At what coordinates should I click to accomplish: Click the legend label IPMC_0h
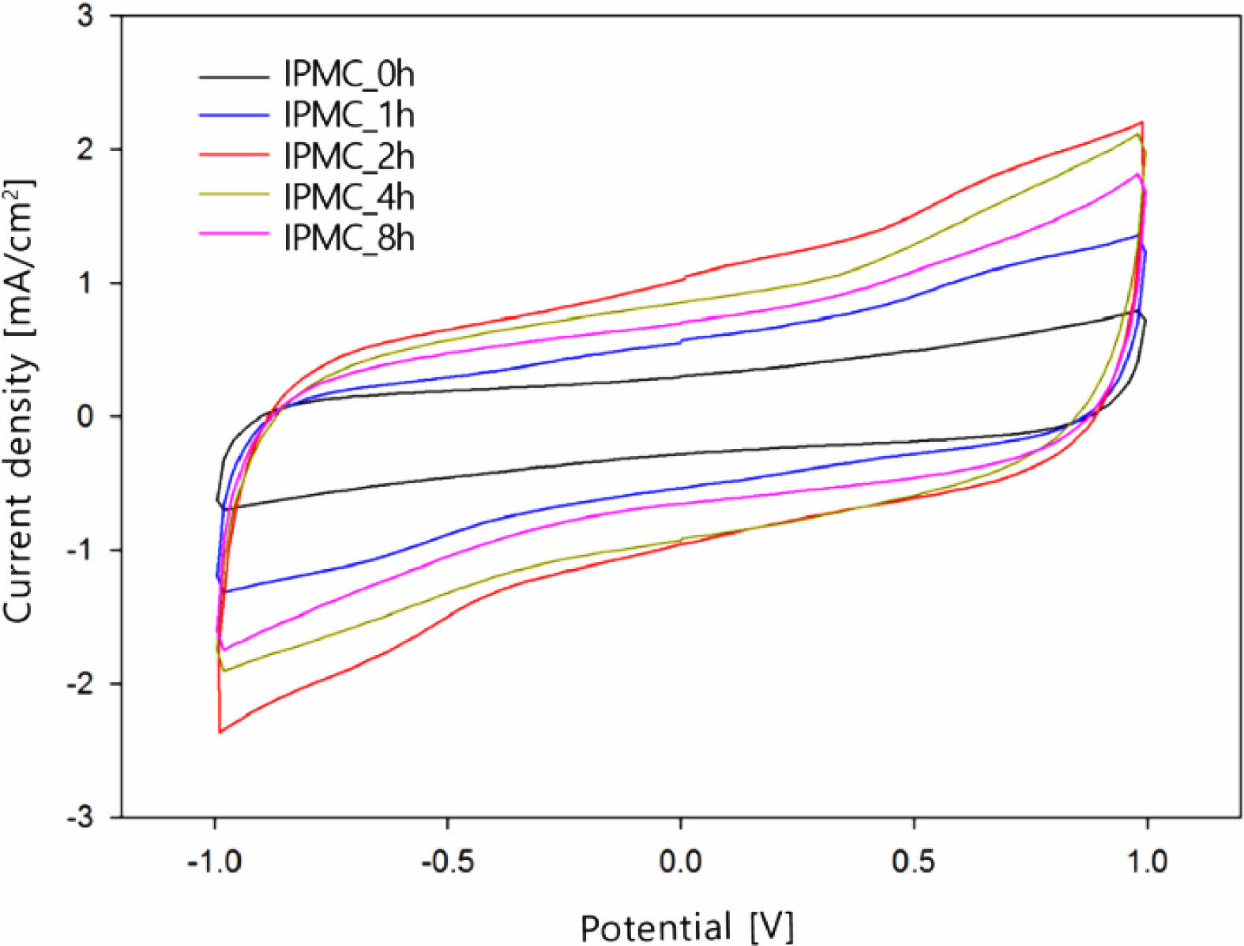(348, 75)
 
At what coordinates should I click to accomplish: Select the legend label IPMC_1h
(348, 115)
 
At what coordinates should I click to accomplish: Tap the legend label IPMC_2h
(348, 156)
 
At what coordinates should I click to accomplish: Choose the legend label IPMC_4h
(348, 197)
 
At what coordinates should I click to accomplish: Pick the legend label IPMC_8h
(348, 238)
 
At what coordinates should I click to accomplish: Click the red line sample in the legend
(234, 155)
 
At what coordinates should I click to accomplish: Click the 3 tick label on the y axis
(86, 17)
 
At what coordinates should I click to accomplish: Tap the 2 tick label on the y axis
(86, 149)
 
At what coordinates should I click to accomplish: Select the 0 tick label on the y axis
(86, 416)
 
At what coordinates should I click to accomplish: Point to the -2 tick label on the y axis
(81, 684)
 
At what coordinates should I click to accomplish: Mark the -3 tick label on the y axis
(81, 816)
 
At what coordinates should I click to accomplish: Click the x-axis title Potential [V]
(686, 926)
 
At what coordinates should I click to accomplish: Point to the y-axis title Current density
(19, 403)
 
